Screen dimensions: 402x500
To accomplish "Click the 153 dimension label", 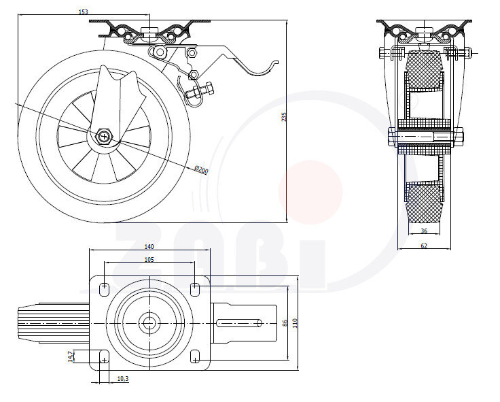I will [x=84, y=12].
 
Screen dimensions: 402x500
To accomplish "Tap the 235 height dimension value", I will [x=284, y=117].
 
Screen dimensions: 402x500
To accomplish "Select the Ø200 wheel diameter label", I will [x=201, y=169].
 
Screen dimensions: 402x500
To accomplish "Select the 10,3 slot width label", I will [x=123, y=379].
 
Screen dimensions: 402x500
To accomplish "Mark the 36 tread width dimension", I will [x=423, y=231].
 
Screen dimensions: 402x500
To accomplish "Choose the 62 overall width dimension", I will [x=423, y=246].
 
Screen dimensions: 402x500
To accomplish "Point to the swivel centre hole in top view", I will [x=149, y=322].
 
